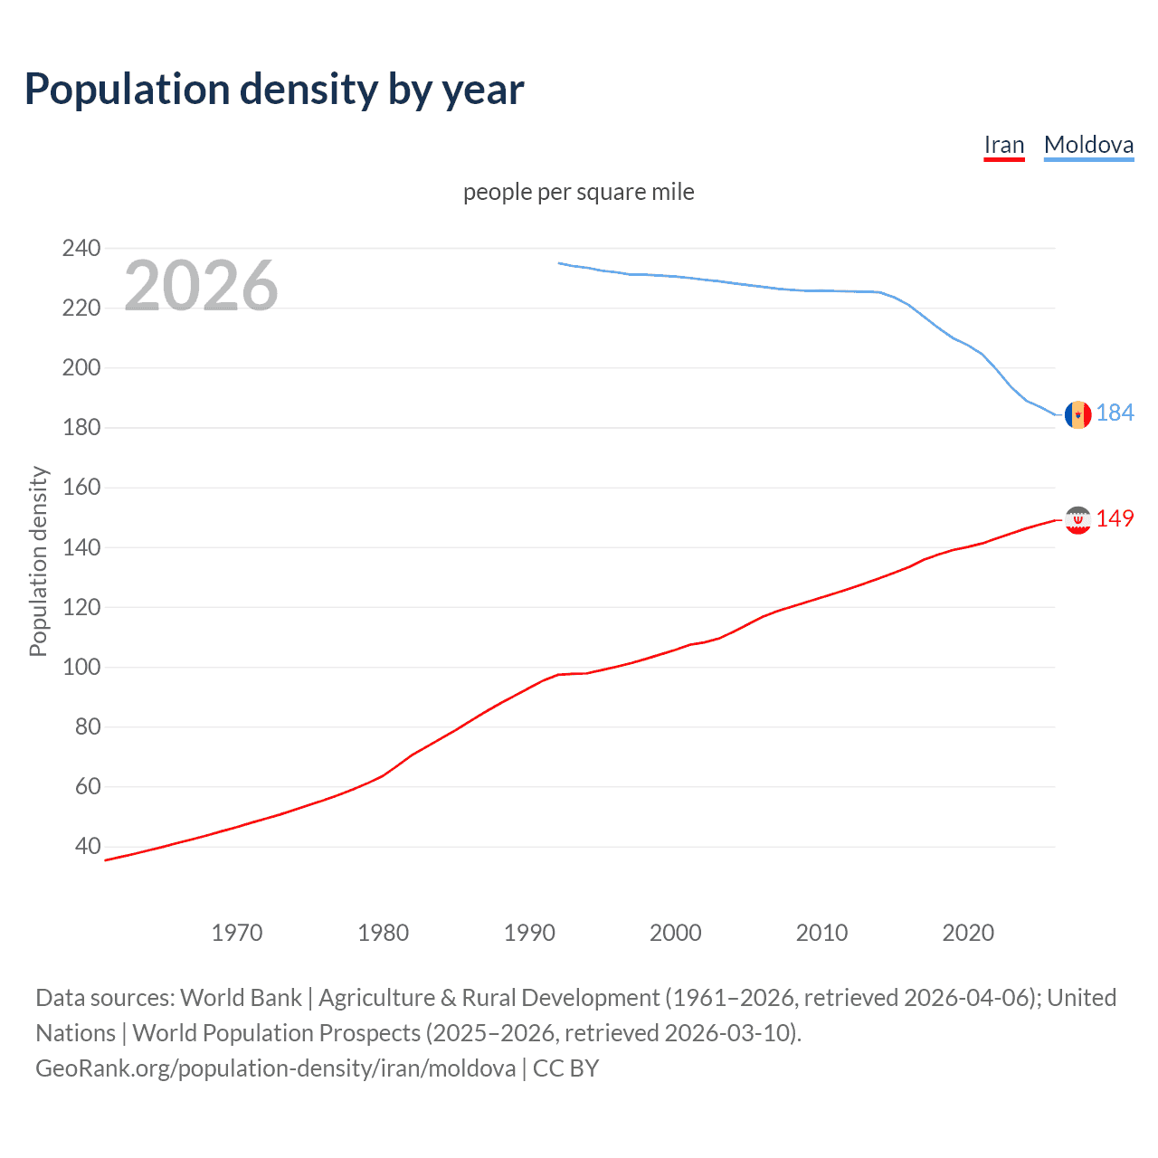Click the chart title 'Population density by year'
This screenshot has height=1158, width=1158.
[274, 90]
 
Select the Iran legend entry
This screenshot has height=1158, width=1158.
[1003, 145]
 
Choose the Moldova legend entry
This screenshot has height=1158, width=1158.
[1088, 145]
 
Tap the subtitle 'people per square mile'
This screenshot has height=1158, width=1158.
[578, 192]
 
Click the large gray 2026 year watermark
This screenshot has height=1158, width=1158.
[201, 286]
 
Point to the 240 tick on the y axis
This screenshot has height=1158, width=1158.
[81, 248]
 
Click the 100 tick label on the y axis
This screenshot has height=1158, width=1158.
[81, 667]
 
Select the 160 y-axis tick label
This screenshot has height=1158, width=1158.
[81, 488]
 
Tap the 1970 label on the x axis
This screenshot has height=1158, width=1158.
[237, 933]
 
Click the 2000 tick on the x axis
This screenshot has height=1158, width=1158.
[676, 933]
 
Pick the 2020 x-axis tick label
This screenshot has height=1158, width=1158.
[968, 933]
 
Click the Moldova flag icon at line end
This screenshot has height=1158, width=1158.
[1077, 414]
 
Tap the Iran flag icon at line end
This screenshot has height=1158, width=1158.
[1077, 519]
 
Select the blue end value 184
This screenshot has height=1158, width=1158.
[1115, 413]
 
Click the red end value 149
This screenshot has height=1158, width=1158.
[1115, 518]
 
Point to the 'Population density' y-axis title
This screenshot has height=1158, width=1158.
[38, 561]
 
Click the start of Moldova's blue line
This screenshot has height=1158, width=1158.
[559, 263]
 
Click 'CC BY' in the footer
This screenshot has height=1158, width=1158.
[565, 1068]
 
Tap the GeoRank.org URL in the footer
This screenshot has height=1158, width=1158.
[275, 1068]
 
